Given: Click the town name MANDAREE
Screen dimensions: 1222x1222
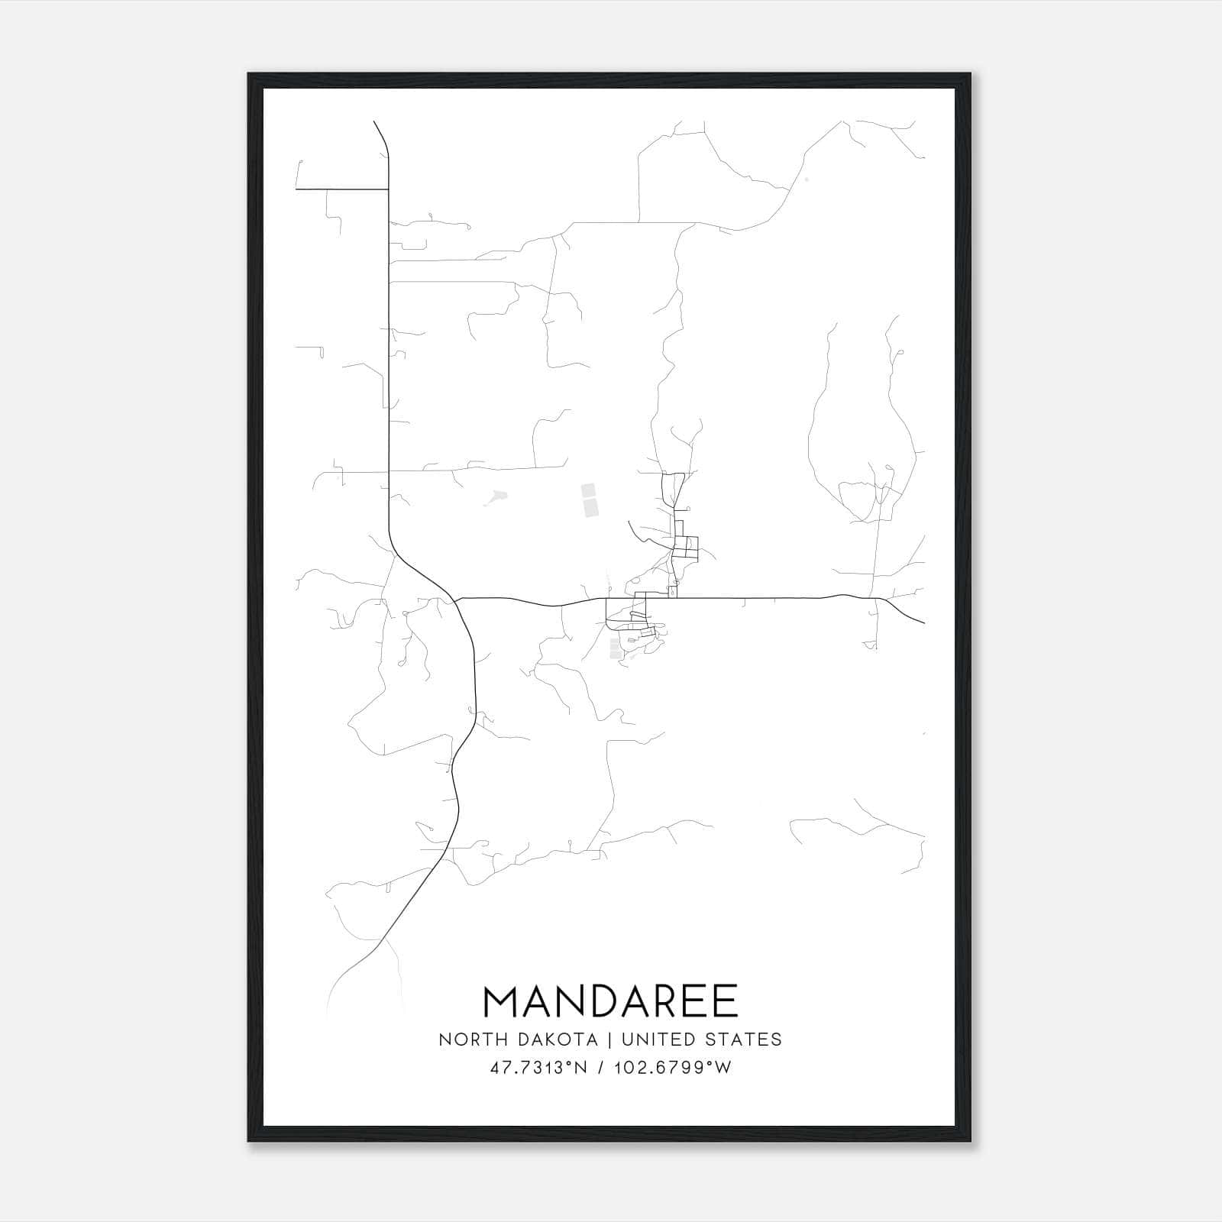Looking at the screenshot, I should pos(610,1001).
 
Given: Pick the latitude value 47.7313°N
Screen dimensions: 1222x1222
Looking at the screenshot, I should pos(538,1068).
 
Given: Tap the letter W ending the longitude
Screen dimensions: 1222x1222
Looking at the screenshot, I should pos(724,1068).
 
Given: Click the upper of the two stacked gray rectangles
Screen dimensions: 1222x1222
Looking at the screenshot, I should pos(588,490).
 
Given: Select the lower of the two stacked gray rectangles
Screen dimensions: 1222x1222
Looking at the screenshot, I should pos(590,507).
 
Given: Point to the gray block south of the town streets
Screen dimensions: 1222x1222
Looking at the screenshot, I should pos(615,648).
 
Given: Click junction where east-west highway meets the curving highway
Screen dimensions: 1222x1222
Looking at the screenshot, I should pos(455,600).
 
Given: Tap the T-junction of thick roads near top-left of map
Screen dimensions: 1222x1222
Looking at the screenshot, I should pos(388,189).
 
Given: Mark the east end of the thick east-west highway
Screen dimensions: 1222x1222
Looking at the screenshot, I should pos(924,622).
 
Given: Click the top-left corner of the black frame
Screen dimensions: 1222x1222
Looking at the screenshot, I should pos(249,74).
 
